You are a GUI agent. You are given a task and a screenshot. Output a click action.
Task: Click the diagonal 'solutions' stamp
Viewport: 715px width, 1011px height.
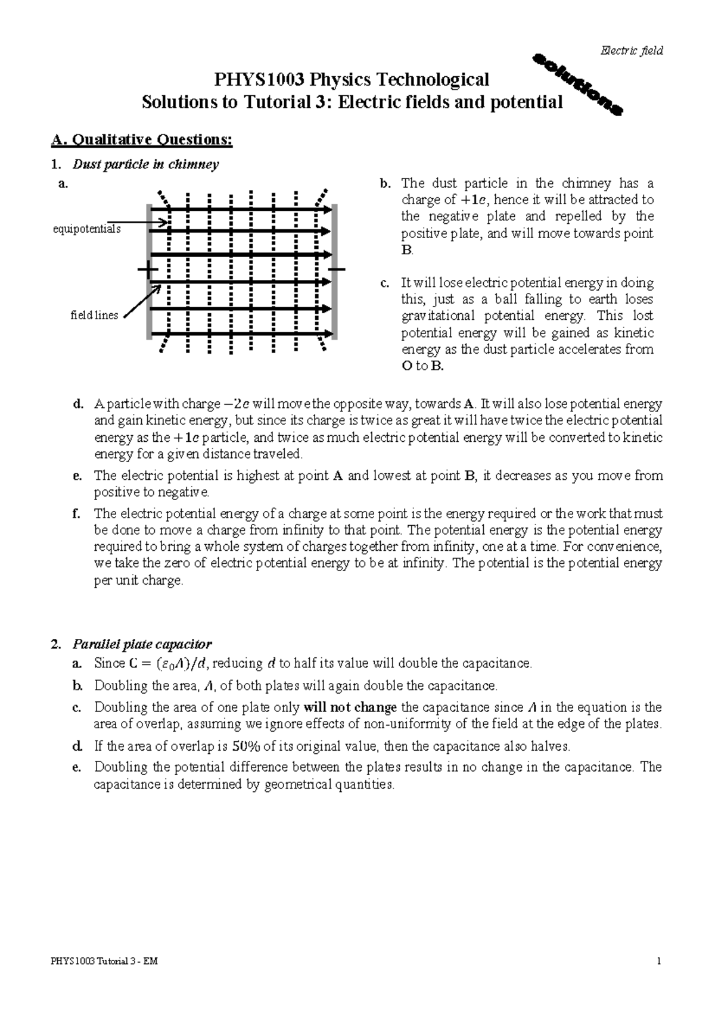(577, 84)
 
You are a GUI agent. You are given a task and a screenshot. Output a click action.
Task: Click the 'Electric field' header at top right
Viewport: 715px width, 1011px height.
(632, 51)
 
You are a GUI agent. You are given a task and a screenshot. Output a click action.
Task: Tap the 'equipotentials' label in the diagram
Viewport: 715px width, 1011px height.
(87, 229)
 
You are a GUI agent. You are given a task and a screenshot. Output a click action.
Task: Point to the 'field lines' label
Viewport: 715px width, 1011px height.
(94, 316)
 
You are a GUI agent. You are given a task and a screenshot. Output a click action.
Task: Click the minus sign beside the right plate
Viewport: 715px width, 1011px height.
(337, 270)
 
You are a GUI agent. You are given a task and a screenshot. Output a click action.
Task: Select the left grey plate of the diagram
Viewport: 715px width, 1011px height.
(149, 271)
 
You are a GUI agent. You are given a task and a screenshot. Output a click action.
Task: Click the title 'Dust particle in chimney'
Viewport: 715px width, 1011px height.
(145, 164)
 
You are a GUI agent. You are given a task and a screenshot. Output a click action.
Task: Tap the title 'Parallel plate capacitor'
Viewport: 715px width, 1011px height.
(142, 644)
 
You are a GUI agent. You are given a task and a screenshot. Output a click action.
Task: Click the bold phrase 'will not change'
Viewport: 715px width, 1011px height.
(350, 707)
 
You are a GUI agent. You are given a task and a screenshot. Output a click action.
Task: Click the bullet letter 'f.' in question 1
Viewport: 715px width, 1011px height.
(76, 514)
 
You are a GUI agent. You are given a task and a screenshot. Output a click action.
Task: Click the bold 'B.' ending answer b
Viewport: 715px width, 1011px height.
(407, 250)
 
